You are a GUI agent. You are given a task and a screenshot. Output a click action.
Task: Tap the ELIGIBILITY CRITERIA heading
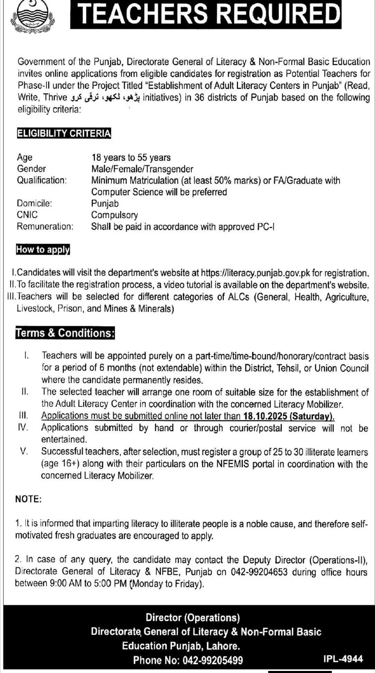[64, 134]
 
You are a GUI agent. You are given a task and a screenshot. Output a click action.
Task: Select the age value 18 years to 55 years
[131, 157]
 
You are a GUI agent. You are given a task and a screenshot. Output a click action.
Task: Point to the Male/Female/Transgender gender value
[142, 169]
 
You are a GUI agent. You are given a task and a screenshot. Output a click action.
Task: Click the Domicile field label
[34, 203]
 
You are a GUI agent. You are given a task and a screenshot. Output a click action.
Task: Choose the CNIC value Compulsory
[114, 215]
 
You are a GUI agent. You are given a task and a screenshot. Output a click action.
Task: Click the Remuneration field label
[45, 226]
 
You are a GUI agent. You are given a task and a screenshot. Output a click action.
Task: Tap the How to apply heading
[43, 249]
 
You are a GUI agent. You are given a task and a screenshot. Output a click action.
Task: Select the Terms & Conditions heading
[65, 333]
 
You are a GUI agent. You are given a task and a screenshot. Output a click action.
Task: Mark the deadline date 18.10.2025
[265, 416]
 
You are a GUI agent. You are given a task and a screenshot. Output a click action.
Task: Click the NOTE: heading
[28, 499]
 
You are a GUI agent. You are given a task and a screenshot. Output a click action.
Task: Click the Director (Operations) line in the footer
[193, 617]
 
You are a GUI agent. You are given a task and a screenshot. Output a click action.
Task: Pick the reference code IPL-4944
[343, 659]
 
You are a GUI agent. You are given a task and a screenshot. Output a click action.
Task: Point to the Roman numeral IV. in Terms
[23, 428]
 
